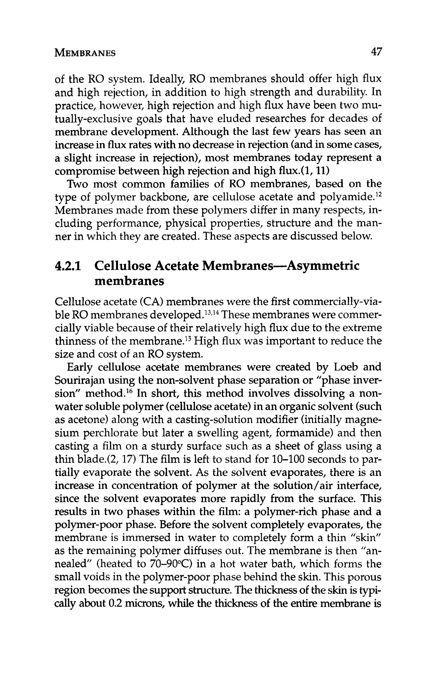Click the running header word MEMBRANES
click(x=85, y=53)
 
